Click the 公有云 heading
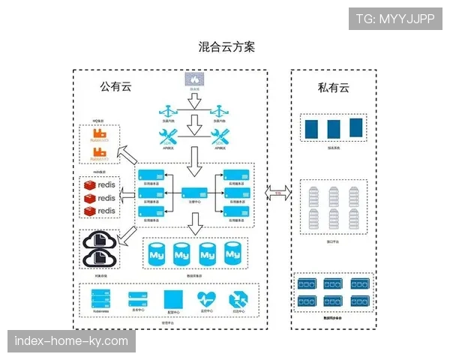[x=117, y=87]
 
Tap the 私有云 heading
[x=334, y=88]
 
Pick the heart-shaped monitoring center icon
[x=206, y=298]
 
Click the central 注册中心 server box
[x=193, y=193]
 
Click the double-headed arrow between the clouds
[x=278, y=193]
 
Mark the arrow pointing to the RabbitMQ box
[x=130, y=155]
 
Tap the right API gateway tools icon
[x=221, y=136]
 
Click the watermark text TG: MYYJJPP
[x=395, y=19]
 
